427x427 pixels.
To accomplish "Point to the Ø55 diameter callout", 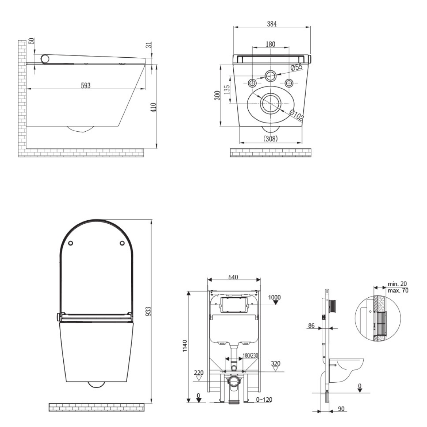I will [296, 68].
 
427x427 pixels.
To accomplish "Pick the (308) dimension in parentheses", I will [271, 138].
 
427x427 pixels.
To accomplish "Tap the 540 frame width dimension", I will [233, 278].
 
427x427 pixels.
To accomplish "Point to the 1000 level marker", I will [274, 297].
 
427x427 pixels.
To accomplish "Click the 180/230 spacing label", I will [250, 355].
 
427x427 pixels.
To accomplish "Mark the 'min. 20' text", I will [397, 283].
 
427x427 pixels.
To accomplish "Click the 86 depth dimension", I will [312, 326].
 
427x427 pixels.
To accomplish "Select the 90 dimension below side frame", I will [341, 409].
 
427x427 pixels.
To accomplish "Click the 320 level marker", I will [275, 363].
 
